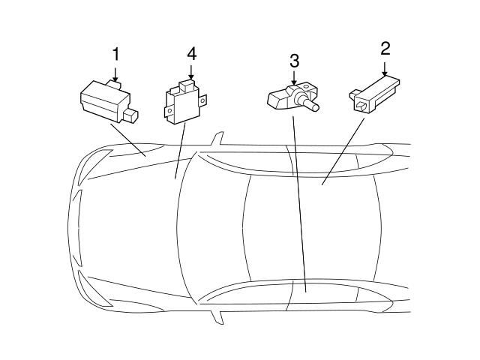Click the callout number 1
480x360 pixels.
pyautogui.click(x=115, y=55)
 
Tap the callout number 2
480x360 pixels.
pyautogui.click(x=385, y=49)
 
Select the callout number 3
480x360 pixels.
pyautogui.click(x=294, y=61)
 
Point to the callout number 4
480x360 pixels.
pyautogui.click(x=192, y=55)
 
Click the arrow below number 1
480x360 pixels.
pyautogui.click(x=115, y=74)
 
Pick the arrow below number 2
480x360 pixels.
pyautogui.click(x=385, y=68)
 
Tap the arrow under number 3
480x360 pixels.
pyautogui.click(x=294, y=78)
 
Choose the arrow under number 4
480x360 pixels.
pyautogui.click(x=191, y=72)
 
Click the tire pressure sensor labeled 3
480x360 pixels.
pyautogui.click(x=293, y=97)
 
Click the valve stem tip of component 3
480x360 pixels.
pyautogui.click(x=315, y=107)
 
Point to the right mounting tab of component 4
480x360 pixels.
pyautogui.click(x=202, y=100)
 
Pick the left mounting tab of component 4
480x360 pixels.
pyautogui.click(x=168, y=111)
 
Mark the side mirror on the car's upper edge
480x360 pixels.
pyautogui.click(x=217, y=138)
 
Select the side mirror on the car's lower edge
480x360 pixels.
pyautogui.click(x=217, y=317)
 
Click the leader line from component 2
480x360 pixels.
pyautogui.click(x=343, y=151)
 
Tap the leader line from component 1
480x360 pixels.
pyautogui.click(x=128, y=140)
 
